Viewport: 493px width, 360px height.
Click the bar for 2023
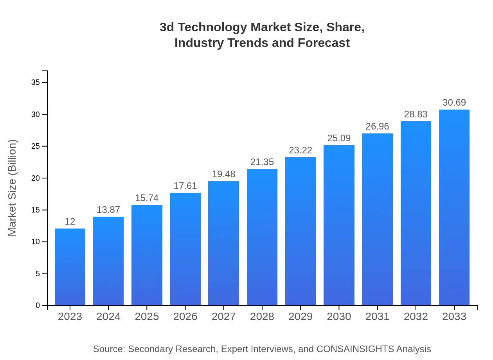pos(70,267)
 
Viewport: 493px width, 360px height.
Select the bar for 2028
pos(262,237)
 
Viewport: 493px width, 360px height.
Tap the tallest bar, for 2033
pos(454,207)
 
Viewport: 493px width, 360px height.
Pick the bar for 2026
pos(185,249)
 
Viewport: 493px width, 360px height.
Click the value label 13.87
pos(108,210)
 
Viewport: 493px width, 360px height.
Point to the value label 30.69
pos(454,103)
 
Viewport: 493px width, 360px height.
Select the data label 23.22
pos(300,150)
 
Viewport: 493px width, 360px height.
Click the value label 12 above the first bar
pos(70,221)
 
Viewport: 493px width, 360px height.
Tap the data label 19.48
pos(224,174)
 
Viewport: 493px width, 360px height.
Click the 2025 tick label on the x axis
pos(147,317)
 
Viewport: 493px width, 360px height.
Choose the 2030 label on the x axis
pos(339,317)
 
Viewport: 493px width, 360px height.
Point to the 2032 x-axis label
pos(416,317)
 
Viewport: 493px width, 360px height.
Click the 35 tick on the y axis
pos(36,83)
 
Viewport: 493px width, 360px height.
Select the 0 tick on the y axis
pos(38,306)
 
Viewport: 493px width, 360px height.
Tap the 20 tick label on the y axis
pos(36,178)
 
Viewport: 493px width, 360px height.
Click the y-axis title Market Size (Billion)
pos(13,188)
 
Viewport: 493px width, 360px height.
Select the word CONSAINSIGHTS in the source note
pos(355,349)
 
